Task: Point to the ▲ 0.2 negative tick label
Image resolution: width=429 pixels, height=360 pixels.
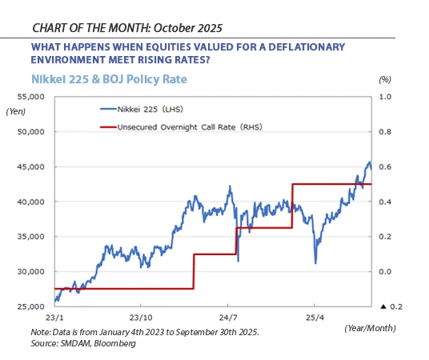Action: pyautogui.click(x=389, y=307)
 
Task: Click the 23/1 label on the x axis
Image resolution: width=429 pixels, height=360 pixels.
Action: pyautogui.click(x=54, y=318)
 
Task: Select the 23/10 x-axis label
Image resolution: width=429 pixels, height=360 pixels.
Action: pyautogui.click(x=141, y=318)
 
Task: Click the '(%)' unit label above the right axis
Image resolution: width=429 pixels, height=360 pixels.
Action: pyautogui.click(x=384, y=80)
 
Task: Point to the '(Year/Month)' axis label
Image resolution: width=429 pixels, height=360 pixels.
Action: pyautogui.click(x=371, y=328)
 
